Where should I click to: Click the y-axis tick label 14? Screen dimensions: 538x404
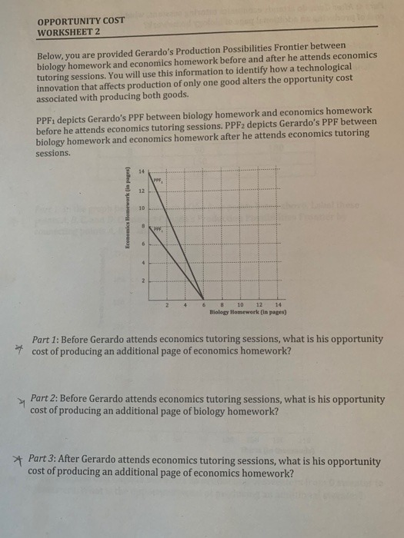pyautogui.click(x=141, y=171)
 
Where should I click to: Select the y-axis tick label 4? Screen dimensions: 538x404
pyautogui.click(x=142, y=263)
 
